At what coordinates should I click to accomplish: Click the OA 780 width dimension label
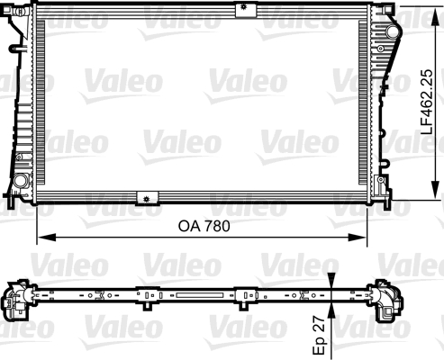point(202,227)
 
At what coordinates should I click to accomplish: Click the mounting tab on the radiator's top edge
point(241,10)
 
